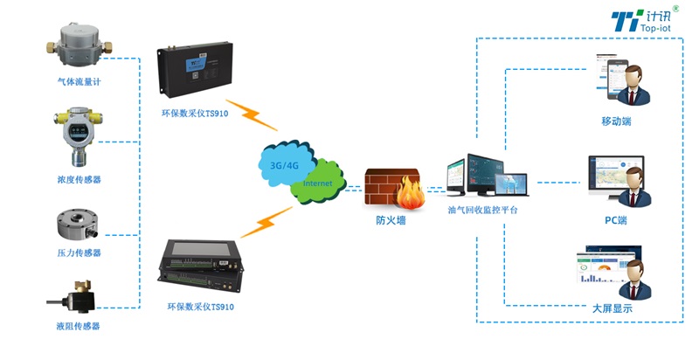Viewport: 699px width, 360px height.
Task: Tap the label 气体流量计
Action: pyautogui.click(x=79, y=81)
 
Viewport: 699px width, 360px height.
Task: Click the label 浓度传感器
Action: pyautogui.click(x=79, y=179)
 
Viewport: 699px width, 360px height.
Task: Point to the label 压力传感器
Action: pyautogui.click(x=79, y=253)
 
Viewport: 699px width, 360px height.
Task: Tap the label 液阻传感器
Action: pyautogui.click(x=79, y=326)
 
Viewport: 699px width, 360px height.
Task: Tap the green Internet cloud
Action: pyautogui.click(x=317, y=184)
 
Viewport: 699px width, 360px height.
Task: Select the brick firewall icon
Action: pyautogui.click(x=391, y=186)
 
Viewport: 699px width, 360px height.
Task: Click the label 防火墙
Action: pyautogui.click(x=391, y=221)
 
